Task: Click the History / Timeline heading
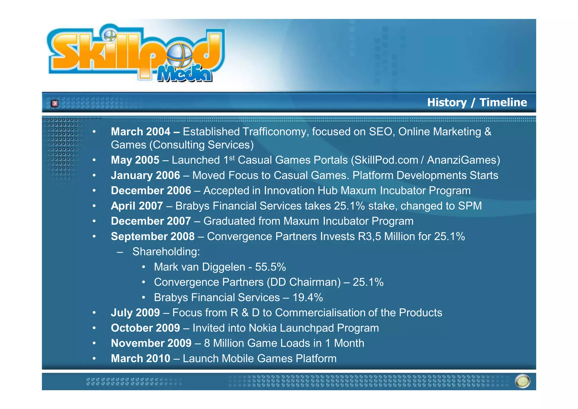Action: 477,102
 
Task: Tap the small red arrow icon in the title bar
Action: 55,104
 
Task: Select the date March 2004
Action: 141,132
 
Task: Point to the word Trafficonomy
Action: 273,132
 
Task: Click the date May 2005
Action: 135,160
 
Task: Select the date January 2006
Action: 145,176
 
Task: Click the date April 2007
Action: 137,206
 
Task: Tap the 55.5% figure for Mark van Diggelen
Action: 270,267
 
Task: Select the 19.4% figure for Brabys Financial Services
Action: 307,298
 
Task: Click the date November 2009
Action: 151,343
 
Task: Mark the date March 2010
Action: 141,359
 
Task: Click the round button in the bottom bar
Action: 522,381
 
